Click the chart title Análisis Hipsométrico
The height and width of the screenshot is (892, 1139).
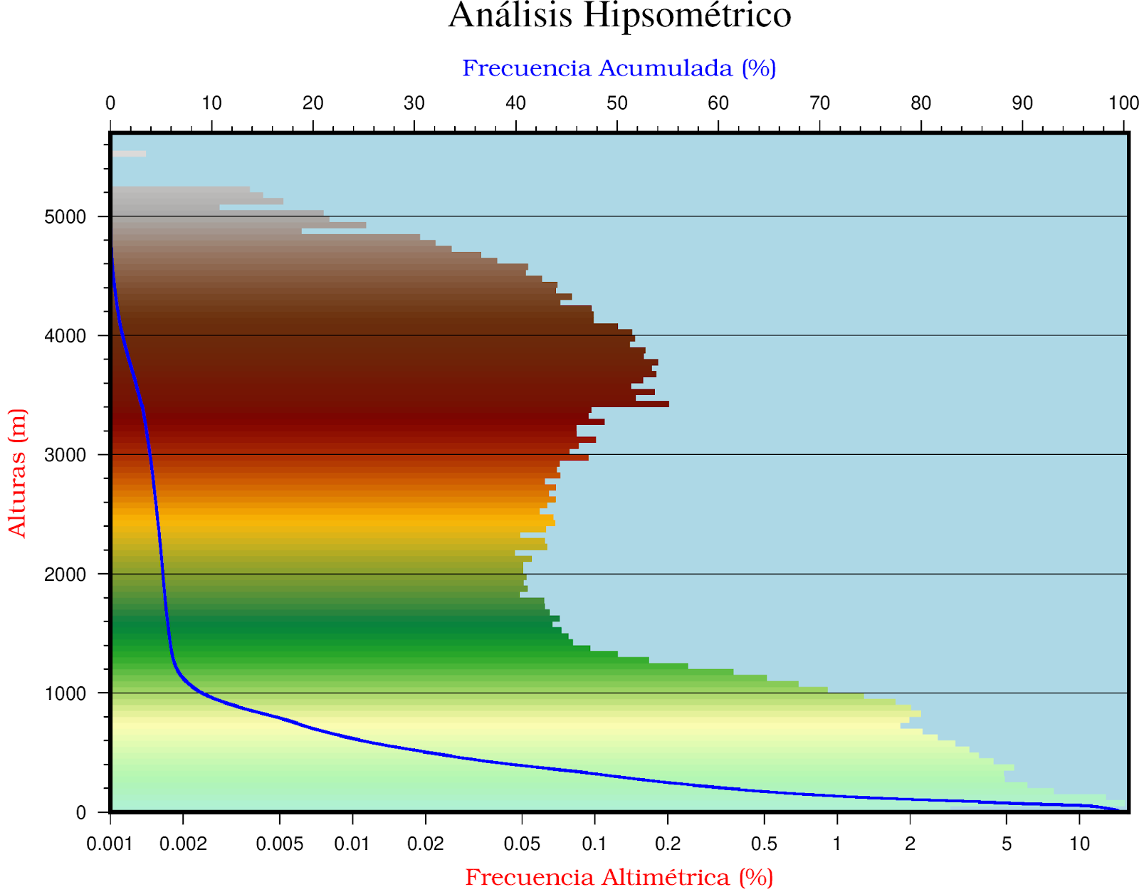click(619, 16)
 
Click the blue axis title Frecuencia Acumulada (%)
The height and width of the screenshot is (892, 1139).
click(619, 68)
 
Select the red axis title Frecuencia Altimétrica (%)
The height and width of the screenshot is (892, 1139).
click(619, 877)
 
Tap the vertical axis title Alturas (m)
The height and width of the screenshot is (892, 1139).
click(17, 473)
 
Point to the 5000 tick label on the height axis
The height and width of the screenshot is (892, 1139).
click(65, 217)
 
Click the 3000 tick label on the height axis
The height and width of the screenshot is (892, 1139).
click(65, 456)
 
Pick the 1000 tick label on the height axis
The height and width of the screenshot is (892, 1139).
click(65, 694)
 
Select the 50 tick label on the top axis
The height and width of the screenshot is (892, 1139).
click(616, 104)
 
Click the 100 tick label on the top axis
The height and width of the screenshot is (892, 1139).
click(1123, 104)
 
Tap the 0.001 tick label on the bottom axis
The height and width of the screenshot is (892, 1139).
click(110, 844)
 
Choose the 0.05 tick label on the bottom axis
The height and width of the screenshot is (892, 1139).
click(522, 844)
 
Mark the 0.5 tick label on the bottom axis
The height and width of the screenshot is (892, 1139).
click(764, 844)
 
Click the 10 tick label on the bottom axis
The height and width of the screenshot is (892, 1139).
click(1079, 844)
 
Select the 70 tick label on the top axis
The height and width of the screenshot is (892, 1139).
click(819, 104)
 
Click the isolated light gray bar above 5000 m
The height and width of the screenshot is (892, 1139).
click(129, 154)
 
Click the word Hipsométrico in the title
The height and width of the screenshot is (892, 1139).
click(687, 16)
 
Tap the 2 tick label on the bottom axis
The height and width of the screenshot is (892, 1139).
click(910, 844)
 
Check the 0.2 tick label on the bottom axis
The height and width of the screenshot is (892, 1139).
click(667, 844)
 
